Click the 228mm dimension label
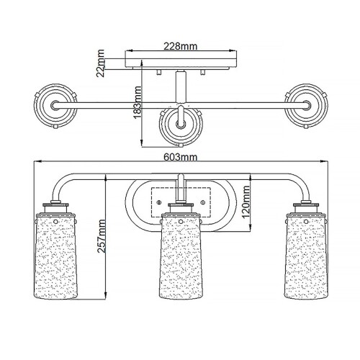click(181, 46)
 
